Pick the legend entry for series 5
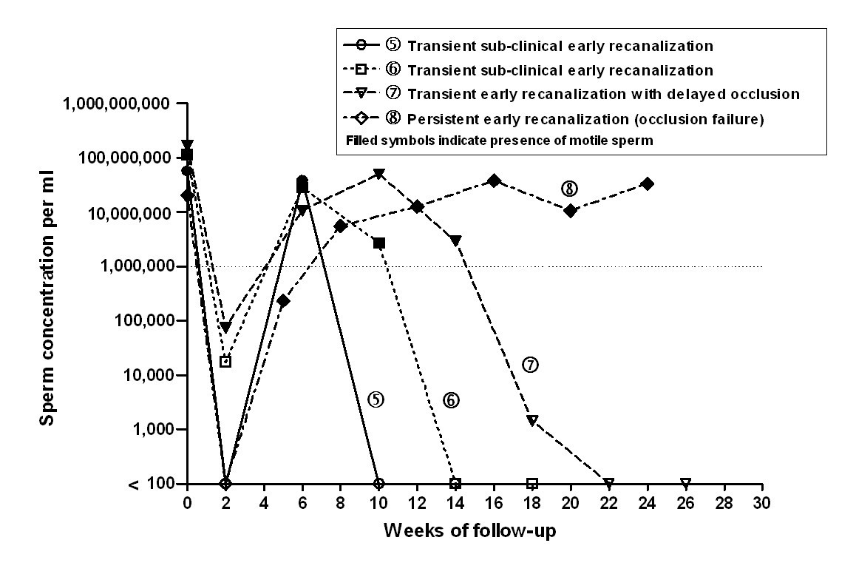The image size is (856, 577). pyautogui.click(x=529, y=45)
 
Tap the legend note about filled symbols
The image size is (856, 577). pyautogui.click(x=495, y=141)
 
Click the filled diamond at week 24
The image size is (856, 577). pyautogui.click(x=647, y=183)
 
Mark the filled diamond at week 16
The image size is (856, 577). pyautogui.click(x=494, y=181)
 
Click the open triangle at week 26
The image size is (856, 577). pyautogui.click(x=685, y=483)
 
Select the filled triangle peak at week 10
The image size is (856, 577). pyautogui.click(x=379, y=174)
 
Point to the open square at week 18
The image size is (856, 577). pyautogui.click(x=532, y=483)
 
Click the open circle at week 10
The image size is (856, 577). pyautogui.click(x=379, y=483)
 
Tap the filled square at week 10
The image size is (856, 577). pyautogui.click(x=379, y=243)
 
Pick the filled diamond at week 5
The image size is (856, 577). pyautogui.click(x=283, y=301)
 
